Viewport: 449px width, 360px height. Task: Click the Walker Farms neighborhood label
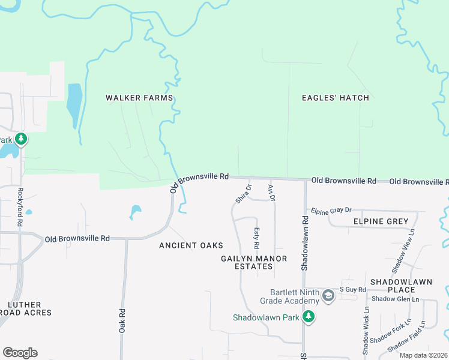(x=139, y=98)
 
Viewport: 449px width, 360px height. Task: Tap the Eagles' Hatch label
(x=335, y=98)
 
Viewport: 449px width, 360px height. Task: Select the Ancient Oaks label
(x=191, y=245)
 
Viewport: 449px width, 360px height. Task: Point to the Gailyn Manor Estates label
(x=253, y=263)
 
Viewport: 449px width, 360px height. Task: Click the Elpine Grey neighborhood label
(x=364, y=221)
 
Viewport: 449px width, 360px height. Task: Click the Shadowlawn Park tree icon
(x=309, y=316)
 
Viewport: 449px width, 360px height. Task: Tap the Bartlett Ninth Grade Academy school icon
(x=328, y=295)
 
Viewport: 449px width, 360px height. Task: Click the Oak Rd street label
(x=122, y=321)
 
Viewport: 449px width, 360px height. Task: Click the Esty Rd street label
(x=256, y=238)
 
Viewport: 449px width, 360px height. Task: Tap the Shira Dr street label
(x=243, y=194)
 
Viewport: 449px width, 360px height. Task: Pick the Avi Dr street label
(x=271, y=193)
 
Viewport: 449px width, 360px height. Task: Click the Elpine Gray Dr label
(x=331, y=211)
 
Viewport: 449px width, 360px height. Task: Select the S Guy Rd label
(x=353, y=290)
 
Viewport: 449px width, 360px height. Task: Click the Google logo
(x=20, y=353)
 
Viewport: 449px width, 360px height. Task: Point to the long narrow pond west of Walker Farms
(x=74, y=105)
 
